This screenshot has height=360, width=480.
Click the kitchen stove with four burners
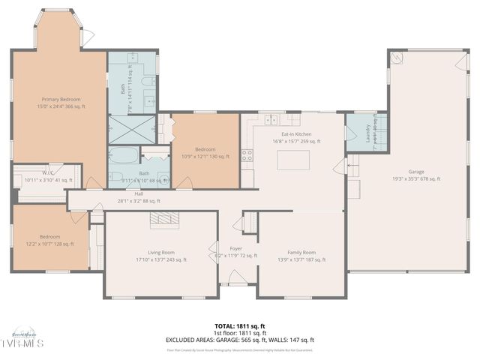click(x=246, y=155)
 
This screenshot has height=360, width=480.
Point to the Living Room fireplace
click(x=160, y=218)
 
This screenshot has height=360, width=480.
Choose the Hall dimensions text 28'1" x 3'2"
click(x=139, y=200)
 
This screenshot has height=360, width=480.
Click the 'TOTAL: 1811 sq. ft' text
click(x=240, y=326)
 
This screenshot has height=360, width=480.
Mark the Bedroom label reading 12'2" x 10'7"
click(x=51, y=240)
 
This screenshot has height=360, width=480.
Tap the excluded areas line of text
click(x=240, y=340)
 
